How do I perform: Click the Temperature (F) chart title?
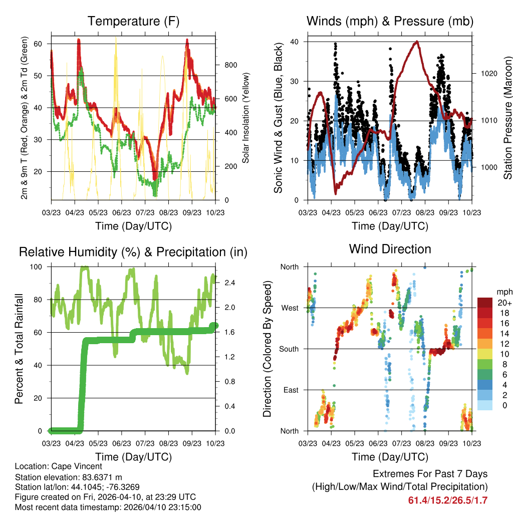(133, 21)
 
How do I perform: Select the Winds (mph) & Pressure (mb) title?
(390, 21)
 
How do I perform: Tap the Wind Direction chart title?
(390, 248)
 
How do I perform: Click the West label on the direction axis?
(289, 308)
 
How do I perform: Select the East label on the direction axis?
(290, 390)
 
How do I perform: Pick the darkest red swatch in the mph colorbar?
(484, 303)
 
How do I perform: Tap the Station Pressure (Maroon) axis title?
(507, 117)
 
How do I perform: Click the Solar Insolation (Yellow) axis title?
(246, 117)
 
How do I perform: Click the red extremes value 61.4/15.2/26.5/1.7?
(448, 500)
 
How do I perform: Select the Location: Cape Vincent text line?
(59, 466)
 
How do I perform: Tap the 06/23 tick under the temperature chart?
(121, 212)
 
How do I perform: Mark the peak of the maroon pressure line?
(416, 42)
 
